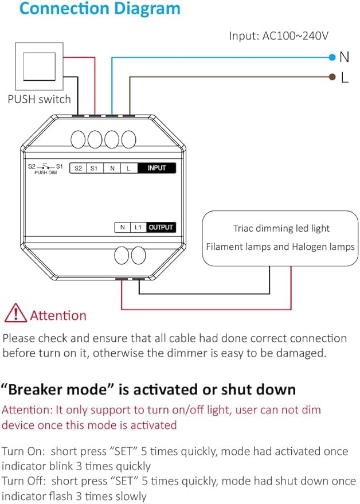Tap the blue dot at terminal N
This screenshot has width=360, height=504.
point(332,57)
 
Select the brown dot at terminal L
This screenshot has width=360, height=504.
point(332,77)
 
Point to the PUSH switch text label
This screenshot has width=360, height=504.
point(39,99)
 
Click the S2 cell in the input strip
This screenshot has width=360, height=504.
point(78,169)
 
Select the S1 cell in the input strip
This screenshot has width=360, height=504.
point(95,169)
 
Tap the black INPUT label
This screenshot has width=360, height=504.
point(156,169)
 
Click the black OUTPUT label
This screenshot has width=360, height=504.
point(161,227)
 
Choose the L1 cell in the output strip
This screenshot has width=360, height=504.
point(138,227)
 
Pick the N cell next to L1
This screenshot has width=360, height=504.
point(123,227)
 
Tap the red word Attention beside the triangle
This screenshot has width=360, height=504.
point(58,315)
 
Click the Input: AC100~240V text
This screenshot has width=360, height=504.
point(279,36)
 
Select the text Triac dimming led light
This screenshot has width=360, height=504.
point(281,228)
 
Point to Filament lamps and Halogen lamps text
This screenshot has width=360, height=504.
point(281,247)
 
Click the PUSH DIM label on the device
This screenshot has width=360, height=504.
point(45,172)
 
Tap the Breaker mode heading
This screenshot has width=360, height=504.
point(148,390)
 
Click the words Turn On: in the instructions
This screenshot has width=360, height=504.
point(22,451)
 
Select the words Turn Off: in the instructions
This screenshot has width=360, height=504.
point(23,480)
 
